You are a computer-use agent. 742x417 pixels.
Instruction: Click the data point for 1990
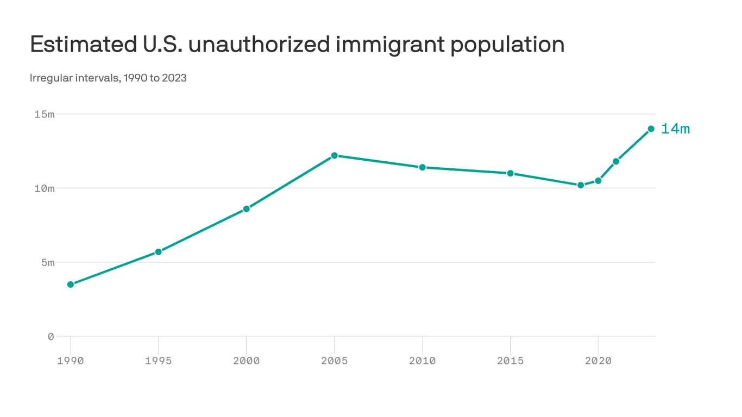[71, 285]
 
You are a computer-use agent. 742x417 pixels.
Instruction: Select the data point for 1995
[159, 252]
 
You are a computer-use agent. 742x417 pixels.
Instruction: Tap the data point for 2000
[247, 208]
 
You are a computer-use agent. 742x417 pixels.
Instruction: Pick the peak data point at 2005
[335, 155]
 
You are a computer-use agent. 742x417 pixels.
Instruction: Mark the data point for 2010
[422, 167]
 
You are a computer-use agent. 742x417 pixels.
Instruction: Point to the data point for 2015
[510, 173]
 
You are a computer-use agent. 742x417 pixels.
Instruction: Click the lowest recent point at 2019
[581, 185]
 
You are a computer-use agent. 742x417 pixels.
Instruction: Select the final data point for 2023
[651, 129]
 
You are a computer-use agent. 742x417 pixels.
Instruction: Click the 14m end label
[675, 129]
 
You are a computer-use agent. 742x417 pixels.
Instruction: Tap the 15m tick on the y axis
[44, 115]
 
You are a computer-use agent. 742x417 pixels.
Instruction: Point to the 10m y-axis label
[44, 188]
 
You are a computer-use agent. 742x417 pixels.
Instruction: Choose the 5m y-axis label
[47, 263]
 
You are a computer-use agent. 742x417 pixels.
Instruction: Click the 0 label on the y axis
[51, 337]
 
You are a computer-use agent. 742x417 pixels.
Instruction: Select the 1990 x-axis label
[71, 361]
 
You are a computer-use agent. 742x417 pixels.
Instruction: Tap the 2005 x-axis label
[335, 361]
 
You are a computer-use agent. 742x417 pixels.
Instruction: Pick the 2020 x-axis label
[598, 361]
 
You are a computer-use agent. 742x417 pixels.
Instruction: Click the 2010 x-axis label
[422, 361]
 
